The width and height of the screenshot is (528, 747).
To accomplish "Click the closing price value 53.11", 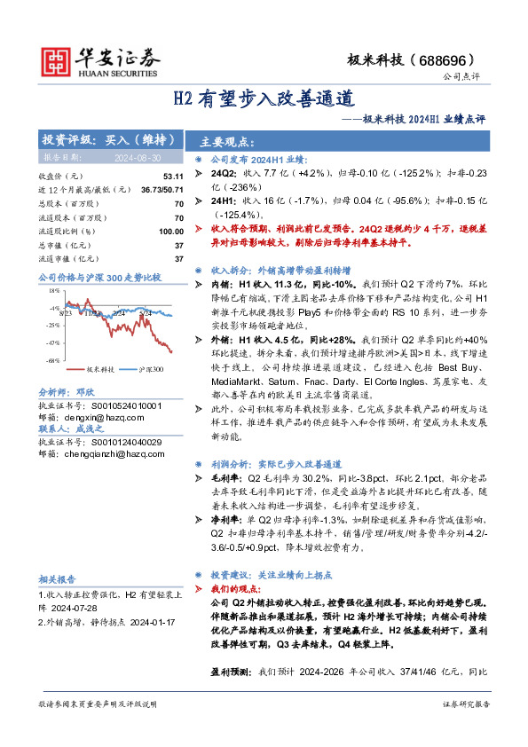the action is pyautogui.click(x=173, y=177).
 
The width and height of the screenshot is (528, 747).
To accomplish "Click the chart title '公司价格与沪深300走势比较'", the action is pyautogui.click(x=99, y=278).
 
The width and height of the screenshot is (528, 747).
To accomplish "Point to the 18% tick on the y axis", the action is pyautogui.click(x=53, y=289).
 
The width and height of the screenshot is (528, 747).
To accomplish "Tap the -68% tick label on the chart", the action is pyautogui.click(x=52, y=360).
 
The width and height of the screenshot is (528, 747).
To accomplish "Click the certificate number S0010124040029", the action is pyautogui.click(x=118, y=441).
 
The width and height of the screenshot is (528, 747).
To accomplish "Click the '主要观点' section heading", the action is pyautogui.click(x=228, y=142).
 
